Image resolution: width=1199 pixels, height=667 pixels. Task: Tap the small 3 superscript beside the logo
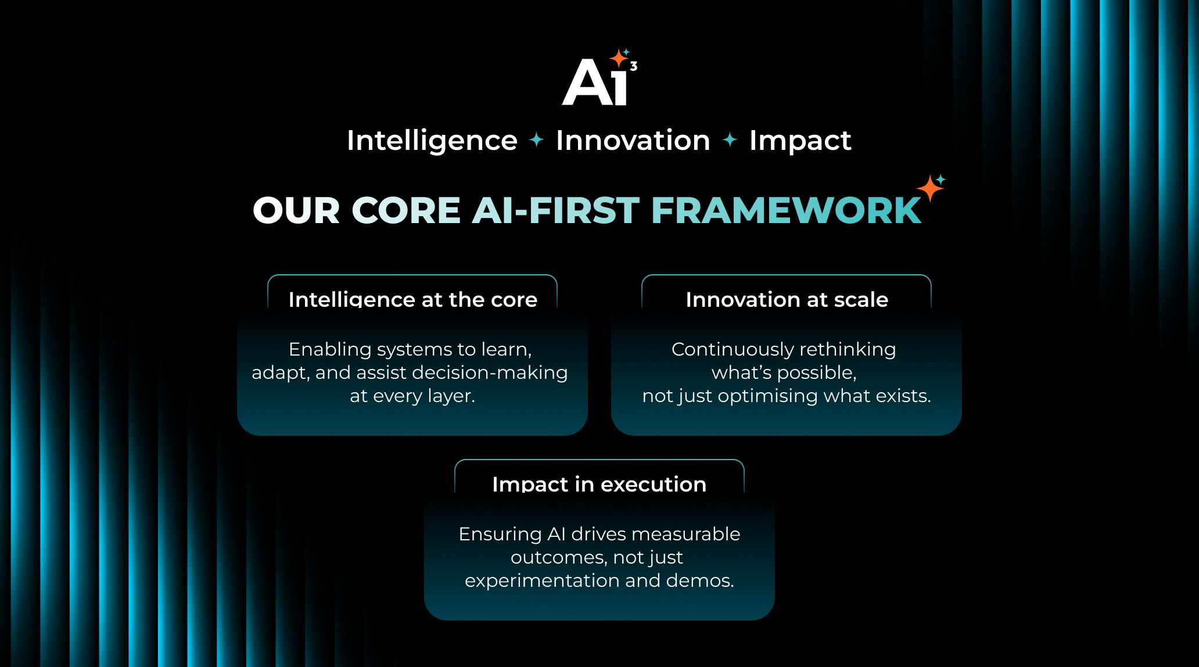(x=634, y=66)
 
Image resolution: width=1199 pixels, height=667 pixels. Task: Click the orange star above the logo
(x=618, y=59)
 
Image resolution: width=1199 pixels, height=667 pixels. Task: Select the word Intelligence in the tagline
(x=432, y=141)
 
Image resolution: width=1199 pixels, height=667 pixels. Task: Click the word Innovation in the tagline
(x=633, y=141)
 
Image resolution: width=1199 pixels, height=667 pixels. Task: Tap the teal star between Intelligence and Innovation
(x=537, y=140)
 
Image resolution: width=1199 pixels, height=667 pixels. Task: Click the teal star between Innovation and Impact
(x=730, y=140)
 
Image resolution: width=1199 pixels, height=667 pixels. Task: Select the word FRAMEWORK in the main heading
(x=786, y=210)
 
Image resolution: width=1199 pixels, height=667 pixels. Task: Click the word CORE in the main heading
(x=405, y=210)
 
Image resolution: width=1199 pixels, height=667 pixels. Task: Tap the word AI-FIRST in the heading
(x=555, y=210)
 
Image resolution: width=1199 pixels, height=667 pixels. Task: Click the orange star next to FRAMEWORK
(x=929, y=188)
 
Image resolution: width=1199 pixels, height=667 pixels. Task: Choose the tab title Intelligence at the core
(x=412, y=299)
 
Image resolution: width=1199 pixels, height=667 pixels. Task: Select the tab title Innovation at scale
(x=787, y=299)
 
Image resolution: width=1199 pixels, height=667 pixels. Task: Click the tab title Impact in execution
(x=599, y=484)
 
